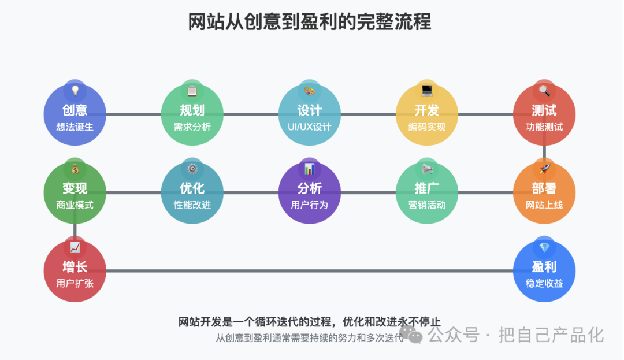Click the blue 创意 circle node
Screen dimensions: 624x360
(x=75, y=114)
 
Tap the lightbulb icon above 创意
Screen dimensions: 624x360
(x=75, y=91)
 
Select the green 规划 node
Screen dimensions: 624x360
(x=192, y=114)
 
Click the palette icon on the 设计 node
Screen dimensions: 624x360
(x=310, y=91)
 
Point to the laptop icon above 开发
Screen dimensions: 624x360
(x=427, y=91)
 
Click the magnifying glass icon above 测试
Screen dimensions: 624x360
(x=544, y=91)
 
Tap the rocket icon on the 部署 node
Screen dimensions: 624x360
(x=544, y=169)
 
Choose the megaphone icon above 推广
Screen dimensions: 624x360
(x=427, y=169)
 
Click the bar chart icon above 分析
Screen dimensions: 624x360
(x=310, y=169)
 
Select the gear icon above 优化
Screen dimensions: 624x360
(x=192, y=169)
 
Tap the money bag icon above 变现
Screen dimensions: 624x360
(x=75, y=169)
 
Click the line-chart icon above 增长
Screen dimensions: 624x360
(x=75, y=247)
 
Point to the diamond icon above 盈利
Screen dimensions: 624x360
(x=544, y=247)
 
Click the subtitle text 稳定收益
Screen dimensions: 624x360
(x=544, y=283)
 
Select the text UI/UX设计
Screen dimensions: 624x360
(x=310, y=127)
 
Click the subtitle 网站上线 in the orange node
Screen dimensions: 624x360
(x=544, y=205)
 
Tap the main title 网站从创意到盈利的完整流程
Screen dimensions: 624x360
(x=310, y=22)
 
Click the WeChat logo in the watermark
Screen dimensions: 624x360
(x=411, y=335)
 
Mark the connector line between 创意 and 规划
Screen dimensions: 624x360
(x=133, y=114)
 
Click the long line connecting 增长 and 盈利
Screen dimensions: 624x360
(x=310, y=271)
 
